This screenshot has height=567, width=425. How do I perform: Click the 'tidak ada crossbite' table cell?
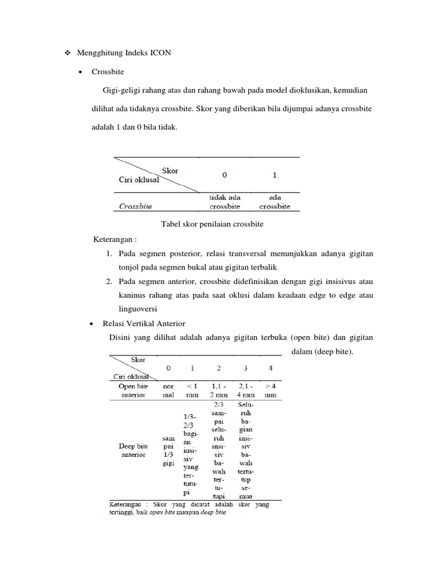click(x=224, y=202)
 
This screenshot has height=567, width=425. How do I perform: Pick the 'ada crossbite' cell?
click(x=274, y=202)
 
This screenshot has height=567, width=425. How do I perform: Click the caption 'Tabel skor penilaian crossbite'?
click(x=212, y=224)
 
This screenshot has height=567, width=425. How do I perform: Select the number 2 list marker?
click(x=110, y=281)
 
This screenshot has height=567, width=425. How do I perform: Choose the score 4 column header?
click(x=270, y=368)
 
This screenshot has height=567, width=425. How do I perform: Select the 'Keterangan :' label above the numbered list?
click(x=115, y=239)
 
